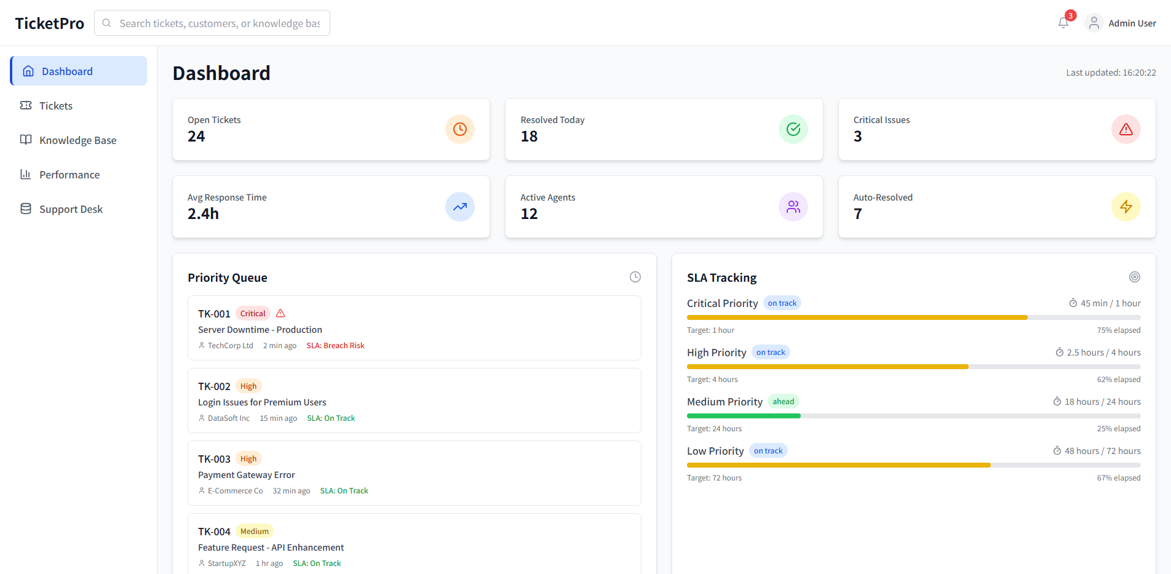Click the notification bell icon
point(1063,23)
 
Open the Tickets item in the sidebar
point(55,106)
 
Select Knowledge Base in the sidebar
point(77,140)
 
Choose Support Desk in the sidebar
point(71,209)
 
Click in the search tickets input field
point(219,23)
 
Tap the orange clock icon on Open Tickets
point(459,129)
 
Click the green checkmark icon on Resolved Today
point(793,129)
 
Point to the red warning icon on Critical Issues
point(1125,129)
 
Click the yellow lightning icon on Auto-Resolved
point(1125,207)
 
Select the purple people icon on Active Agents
point(793,207)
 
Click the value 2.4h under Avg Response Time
point(203,214)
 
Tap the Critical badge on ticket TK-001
point(253,314)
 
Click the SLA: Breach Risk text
point(335,346)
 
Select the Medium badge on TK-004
point(255,532)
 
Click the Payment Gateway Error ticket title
point(246,475)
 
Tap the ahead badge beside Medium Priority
point(783,402)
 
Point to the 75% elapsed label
point(1118,330)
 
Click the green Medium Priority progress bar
point(744,416)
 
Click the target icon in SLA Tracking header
point(1134,277)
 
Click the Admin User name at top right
point(1132,23)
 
